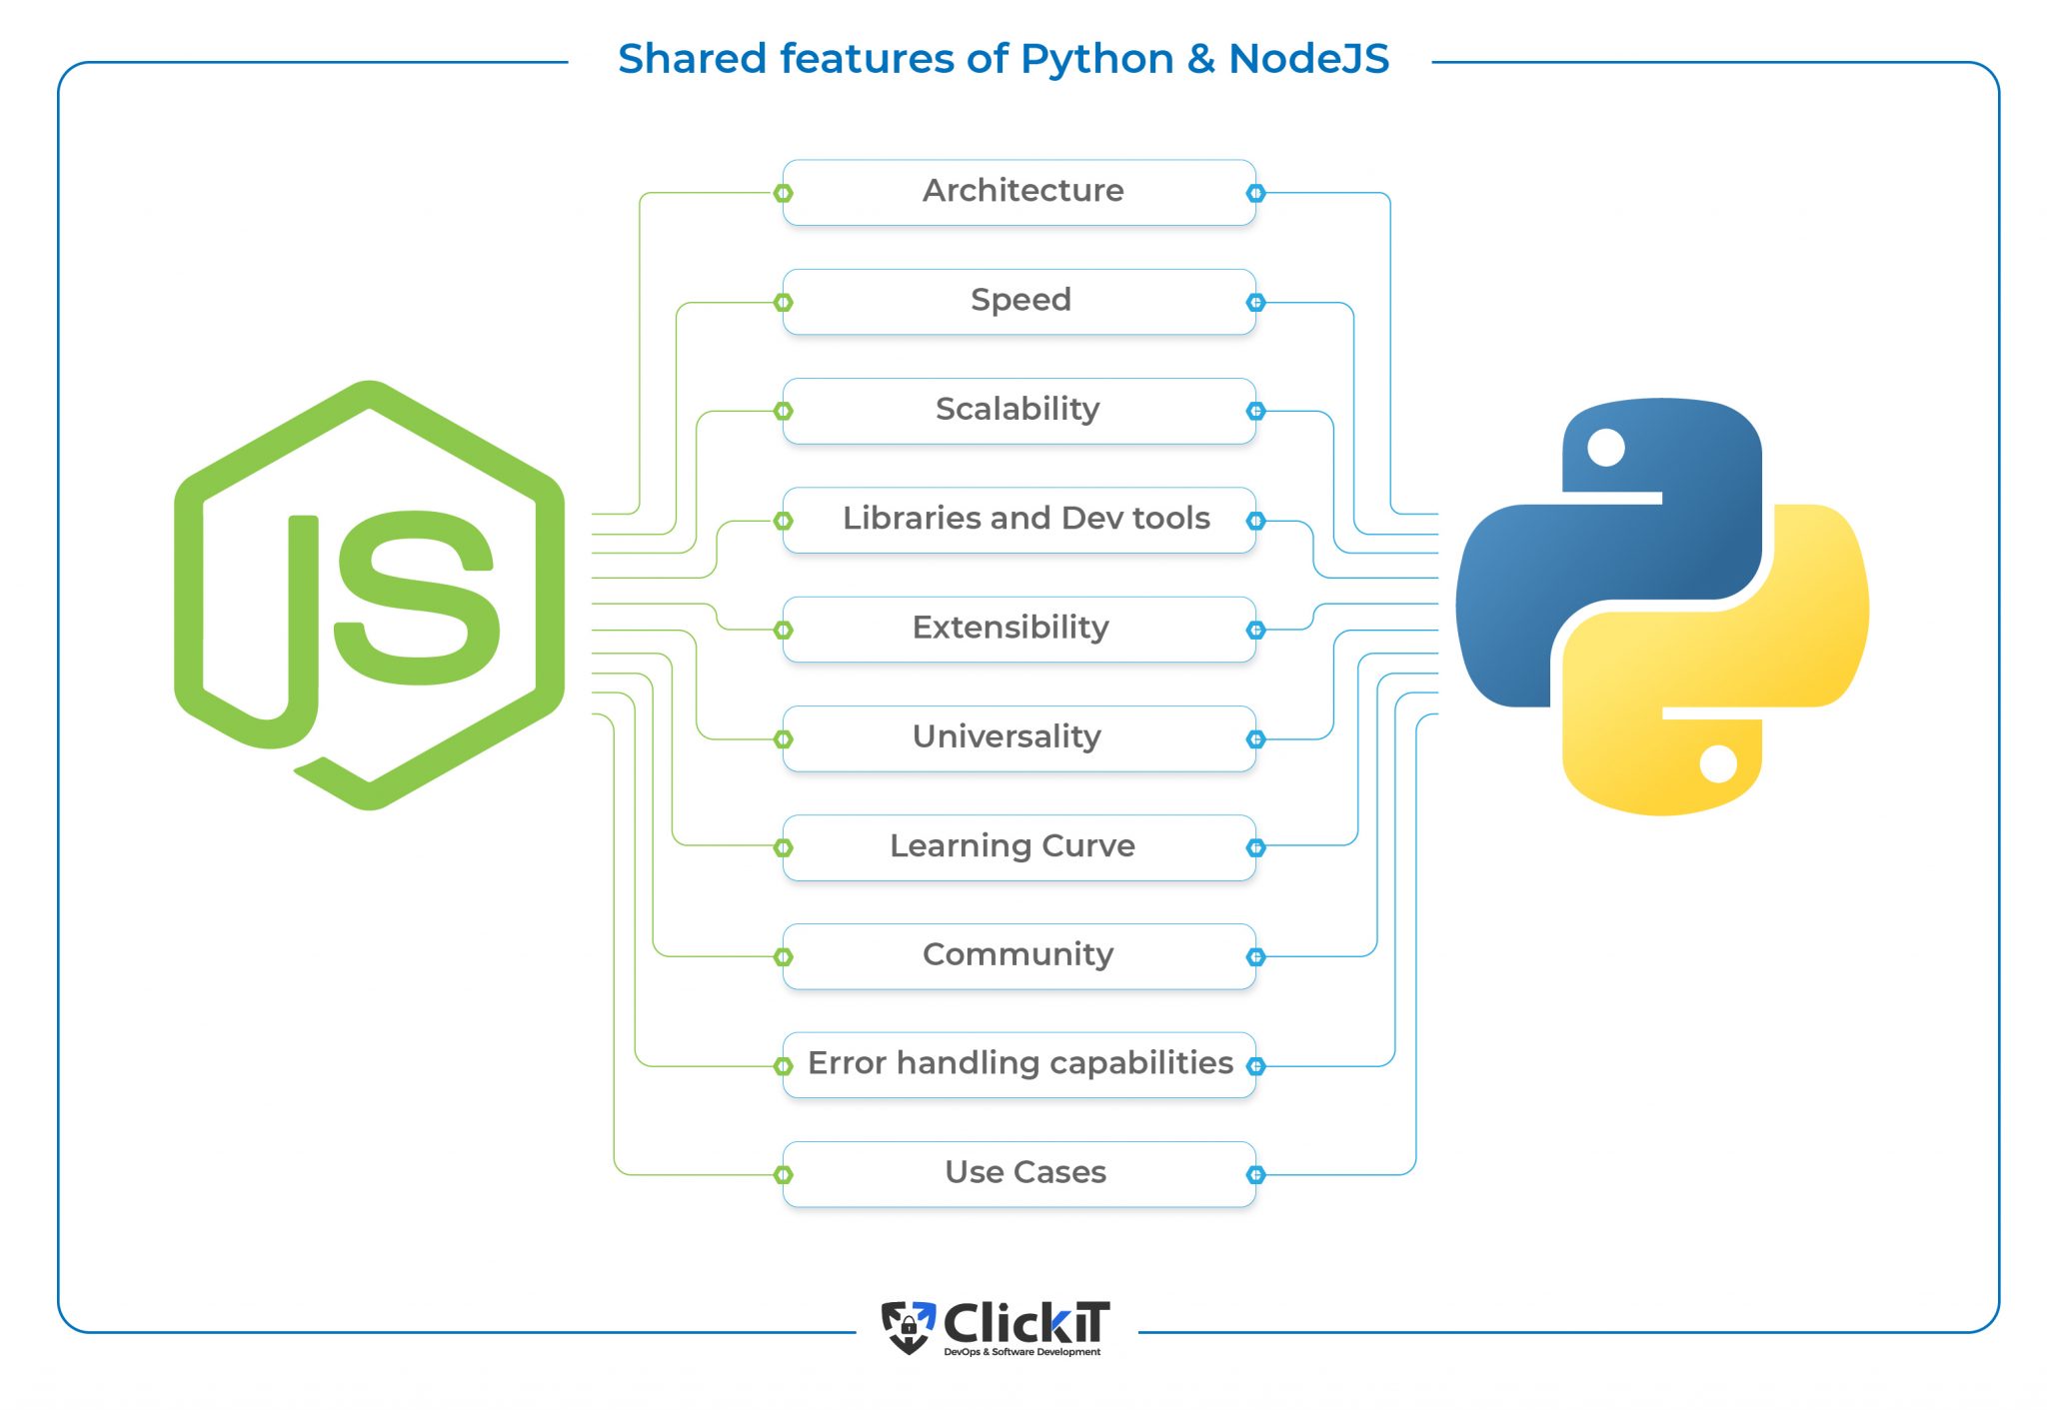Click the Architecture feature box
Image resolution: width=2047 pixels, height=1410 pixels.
pyautogui.click(x=1020, y=192)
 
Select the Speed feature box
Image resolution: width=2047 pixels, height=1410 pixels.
pyautogui.click(x=1020, y=301)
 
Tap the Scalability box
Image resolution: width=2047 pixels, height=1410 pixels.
pyautogui.click(x=1020, y=410)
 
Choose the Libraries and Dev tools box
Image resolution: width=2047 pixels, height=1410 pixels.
pyautogui.click(x=1020, y=520)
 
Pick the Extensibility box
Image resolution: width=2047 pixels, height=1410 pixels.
pyautogui.click(x=1020, y=629)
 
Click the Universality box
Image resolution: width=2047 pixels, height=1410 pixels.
pyautogui.click(x=1020, y=737)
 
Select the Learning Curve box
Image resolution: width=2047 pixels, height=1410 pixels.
pyautogui.click(x=1020, y=846)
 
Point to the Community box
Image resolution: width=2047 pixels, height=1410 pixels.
pyautogui.click(x=1020, y=955)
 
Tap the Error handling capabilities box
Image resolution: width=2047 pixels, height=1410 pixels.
pyautogui.click(x=1020, y=1064)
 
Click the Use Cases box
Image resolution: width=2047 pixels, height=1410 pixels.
pyautogui.click(x=1020, y=1173)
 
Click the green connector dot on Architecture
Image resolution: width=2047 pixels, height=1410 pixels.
pyautogui.click(x=784, y=193)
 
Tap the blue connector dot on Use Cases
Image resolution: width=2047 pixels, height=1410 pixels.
pyautogui.click(x=1256, y=1174)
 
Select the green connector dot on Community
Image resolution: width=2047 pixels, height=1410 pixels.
pyautogui.click(x=784, y=957)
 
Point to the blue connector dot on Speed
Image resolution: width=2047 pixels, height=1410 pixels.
pyautogui.click(x=1256, y=303)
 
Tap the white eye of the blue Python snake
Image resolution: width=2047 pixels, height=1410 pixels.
pyautogui.click(x=1606, y=448)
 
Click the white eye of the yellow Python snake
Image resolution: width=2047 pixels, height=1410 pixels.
pyautogui.click(x=1718, y=764)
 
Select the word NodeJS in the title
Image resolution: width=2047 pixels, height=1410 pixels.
pyautogui.click(x=1308, y=59)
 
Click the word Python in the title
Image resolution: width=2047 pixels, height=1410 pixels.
pyautogui.click(x=1096, y=60)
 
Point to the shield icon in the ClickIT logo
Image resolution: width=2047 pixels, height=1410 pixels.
pyautogui.click(x=908, y=1326)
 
